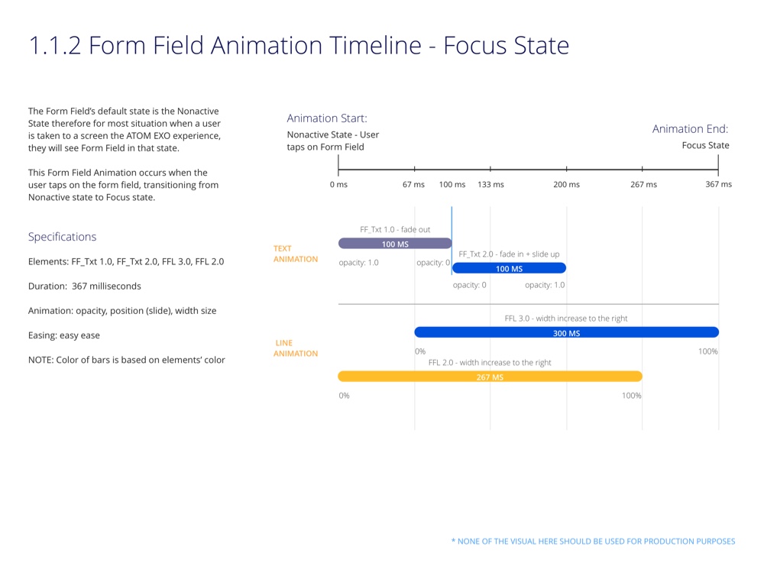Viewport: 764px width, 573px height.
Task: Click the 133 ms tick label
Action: pos(490,184)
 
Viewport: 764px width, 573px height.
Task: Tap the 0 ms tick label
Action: pos(338,184)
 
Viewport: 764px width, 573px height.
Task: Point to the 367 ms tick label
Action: pos(718,184)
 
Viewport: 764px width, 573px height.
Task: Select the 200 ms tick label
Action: pos(566,184)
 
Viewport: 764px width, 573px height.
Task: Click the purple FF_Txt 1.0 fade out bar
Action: pos(395,244)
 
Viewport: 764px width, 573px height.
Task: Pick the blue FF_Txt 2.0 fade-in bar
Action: pos(509,268)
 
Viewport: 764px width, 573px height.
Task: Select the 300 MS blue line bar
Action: pos(566,332)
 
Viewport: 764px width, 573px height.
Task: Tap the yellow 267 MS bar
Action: pos(490,377)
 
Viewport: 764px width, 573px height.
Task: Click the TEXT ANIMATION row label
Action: pos(296,254)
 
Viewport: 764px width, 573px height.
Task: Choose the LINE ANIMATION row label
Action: pos(296,348)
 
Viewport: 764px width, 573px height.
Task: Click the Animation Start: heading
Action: pos(327,118)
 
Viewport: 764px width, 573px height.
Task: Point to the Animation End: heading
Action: pos(690,129)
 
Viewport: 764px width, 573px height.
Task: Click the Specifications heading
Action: pos(63,237)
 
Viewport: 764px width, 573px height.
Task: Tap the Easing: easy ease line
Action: pos(64,335)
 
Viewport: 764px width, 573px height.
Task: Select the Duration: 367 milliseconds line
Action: pos(85,286)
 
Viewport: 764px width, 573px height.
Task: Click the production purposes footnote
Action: pos(593,541)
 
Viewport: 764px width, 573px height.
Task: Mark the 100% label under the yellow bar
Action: pos(631,396)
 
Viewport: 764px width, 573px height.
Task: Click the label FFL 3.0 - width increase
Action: pos(566,318)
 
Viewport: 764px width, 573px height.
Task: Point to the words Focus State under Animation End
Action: pos(705,145)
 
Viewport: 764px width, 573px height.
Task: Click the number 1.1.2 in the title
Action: pos(54,46)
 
